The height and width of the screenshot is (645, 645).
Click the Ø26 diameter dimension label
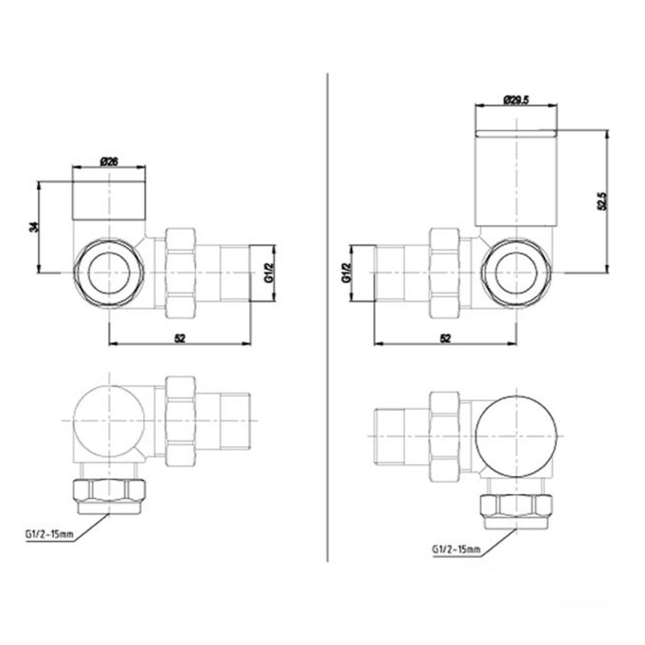109,162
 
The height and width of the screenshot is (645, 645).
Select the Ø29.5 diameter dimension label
516,100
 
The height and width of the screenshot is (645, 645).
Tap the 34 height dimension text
34,226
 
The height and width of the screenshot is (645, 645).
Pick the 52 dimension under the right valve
445,337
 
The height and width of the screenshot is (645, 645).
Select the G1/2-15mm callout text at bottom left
49,534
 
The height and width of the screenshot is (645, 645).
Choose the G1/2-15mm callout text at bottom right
456,549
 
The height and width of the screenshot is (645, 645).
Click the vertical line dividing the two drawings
329,322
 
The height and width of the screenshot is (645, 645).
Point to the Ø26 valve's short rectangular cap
109,201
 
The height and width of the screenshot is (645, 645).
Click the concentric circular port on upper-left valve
109,272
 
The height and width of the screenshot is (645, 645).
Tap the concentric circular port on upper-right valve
516,272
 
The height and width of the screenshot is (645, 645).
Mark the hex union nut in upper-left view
181,272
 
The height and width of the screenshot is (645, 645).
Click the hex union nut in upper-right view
445,272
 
